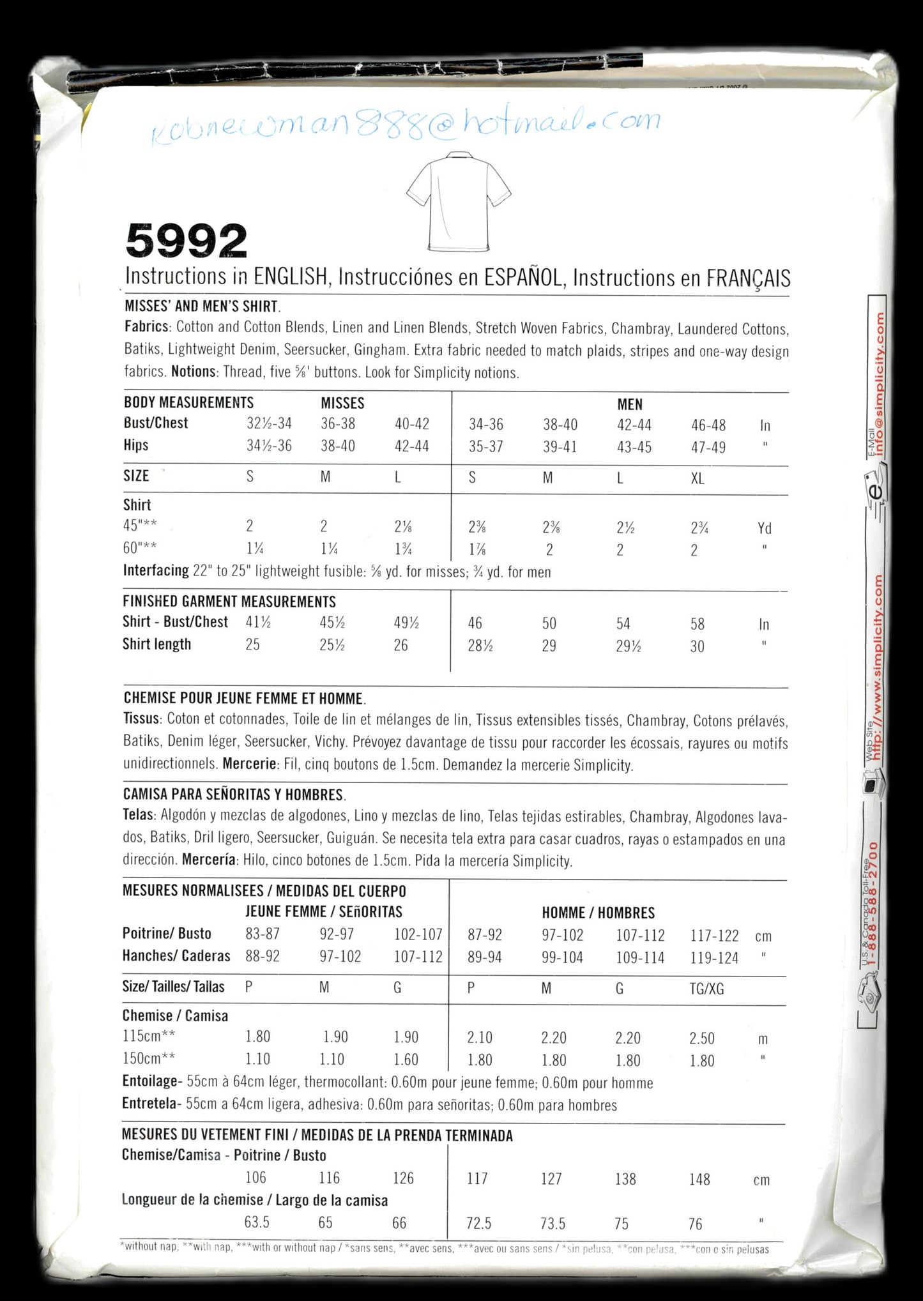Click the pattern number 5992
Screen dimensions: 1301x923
[x=187, y=242]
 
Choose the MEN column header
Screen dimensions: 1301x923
[x=630, y=404]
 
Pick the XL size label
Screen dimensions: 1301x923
[x=698, y=478]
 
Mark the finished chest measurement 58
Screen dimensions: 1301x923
[x=698, y=624]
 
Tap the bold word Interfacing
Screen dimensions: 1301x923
[x=156, y=571]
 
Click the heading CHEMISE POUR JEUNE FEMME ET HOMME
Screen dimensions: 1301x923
[x=243, y=698]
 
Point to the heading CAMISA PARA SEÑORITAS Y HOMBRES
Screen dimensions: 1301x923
[x=234, y=795]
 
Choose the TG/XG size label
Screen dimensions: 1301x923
[x=707, y=989]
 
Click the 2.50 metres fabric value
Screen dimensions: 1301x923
[x=701, y=1038]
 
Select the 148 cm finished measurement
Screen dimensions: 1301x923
[x=699, y=1178]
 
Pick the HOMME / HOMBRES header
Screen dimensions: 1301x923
[x=599, y=913]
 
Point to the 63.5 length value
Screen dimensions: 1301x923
[x=257, y=1222]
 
